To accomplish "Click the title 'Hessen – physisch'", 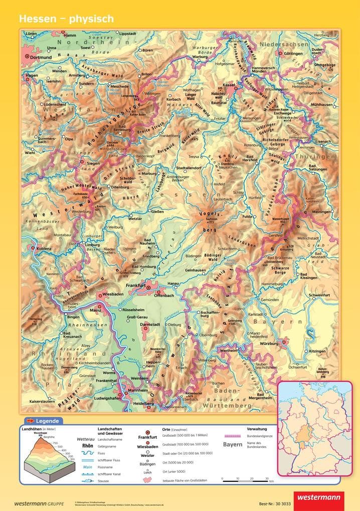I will point(66,19).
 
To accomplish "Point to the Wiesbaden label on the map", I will point(112,294).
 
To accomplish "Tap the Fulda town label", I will point(247,216).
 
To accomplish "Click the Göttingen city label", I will point(293,54).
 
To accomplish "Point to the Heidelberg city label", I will point(142,403).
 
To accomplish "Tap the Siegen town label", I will point(93,163).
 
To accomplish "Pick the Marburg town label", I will point(149,173).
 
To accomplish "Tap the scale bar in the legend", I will point(246,480).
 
